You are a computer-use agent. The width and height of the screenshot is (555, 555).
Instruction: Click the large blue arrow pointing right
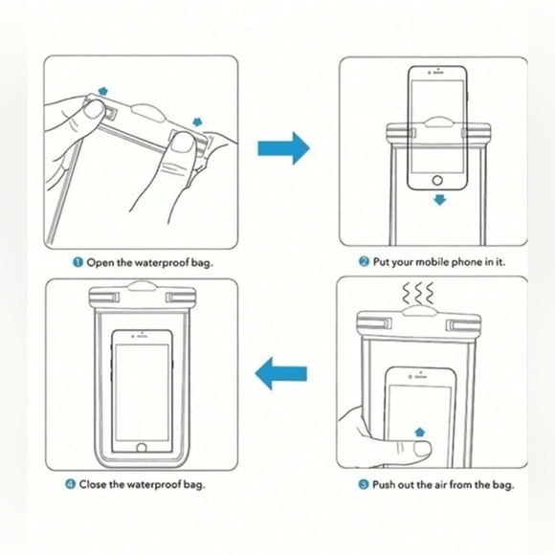(x=284, y=148)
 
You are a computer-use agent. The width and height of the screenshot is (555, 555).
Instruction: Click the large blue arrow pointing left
(x=283, y=374)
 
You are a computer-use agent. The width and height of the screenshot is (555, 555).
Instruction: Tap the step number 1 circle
(x=78, y=261)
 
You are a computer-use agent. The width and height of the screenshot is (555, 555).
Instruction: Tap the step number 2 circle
(x=365, y=261)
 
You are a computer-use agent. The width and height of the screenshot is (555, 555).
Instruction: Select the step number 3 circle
(x=364, y=484)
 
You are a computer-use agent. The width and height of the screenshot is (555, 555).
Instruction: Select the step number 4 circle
(x=70, y=484)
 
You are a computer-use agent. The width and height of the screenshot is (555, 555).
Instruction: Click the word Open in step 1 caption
(x=102, y=261)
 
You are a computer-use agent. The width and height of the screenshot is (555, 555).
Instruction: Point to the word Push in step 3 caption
(x=387, y=484)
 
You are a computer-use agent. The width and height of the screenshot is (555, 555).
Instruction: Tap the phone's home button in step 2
(x=438, y=180)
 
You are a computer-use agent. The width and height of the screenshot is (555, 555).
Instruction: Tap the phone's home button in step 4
(x=142, y=446)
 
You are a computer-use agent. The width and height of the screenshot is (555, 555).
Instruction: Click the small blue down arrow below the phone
(x=438, y=200)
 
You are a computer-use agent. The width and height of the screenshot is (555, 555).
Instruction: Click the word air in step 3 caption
(x=439, y=484)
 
